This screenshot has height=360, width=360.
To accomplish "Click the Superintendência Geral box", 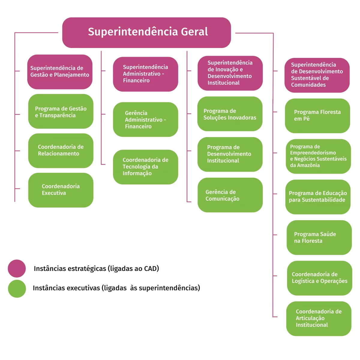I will coord(146,32).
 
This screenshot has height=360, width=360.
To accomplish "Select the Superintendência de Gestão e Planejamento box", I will coord(60,72).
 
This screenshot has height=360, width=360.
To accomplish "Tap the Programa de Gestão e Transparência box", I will coord(61,112).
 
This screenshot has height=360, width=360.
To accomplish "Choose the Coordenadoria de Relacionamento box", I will coord(61,151).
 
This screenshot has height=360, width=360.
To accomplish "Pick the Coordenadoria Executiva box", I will coord(61,190).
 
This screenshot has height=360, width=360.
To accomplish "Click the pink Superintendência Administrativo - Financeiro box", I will coord(145,74).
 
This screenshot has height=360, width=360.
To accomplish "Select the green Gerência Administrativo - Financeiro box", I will coord(145,119).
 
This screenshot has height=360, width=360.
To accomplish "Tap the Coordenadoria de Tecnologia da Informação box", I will coord(145,167).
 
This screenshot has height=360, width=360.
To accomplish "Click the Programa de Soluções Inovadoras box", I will coord(230,114).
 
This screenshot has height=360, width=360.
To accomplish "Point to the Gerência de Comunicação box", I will coord(230,195).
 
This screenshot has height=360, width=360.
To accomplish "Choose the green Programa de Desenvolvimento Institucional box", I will coord(230,154).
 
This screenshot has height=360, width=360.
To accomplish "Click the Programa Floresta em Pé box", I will coord(317,115).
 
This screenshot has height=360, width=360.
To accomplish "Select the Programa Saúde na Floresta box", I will coord(319,238).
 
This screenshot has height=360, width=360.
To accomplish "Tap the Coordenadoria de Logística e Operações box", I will coord(319,278).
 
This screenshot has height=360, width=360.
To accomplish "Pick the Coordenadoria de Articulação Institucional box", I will coord(319,318).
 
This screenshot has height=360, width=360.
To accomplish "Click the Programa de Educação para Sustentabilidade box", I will coord(318,197).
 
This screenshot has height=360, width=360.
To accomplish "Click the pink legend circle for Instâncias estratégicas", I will coord(17,268).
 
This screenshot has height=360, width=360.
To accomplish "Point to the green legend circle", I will coord(17,289).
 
